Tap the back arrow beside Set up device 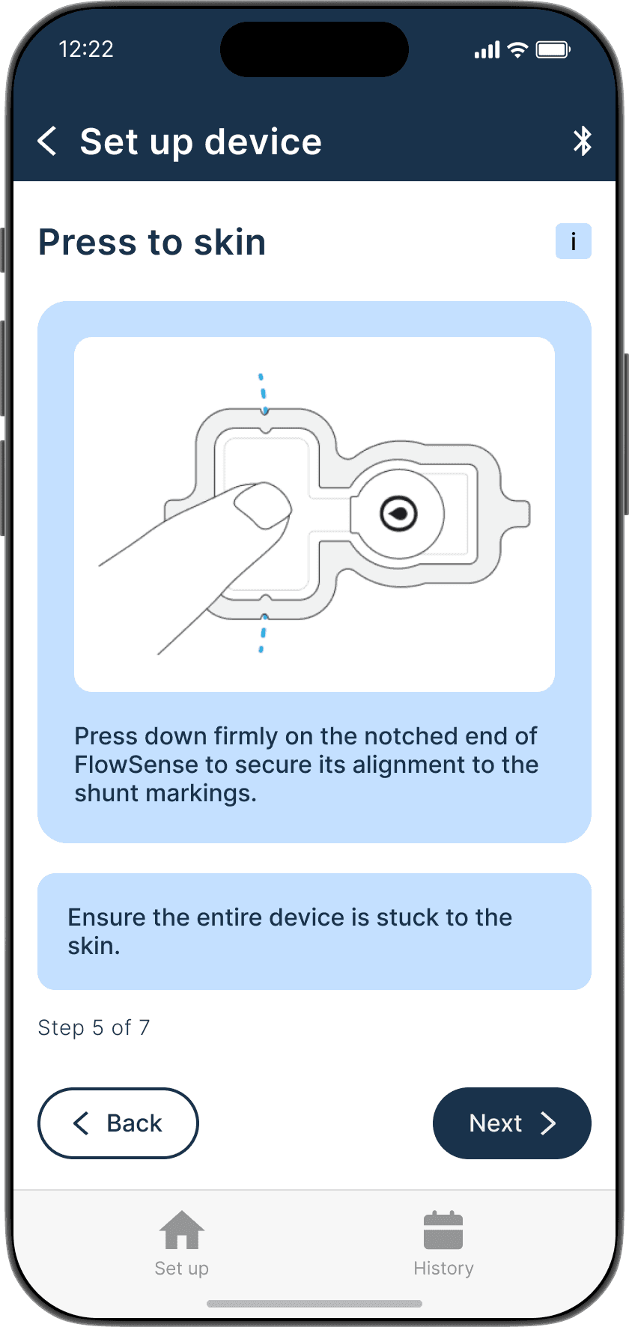pyautogui.click(x=47, y=141)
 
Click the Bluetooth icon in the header pyautogui.click(x=582, y=141)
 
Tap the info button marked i pyautogui.click(x=573, y=241)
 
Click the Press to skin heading pyautogui.click(x=152, y=242)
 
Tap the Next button pyautogui.click(x=512, y=1123)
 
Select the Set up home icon pyautogui.click(x=182, y=1230)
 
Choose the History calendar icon pyautogui.click(x=443, y=1230)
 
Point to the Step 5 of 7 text pyautogui.click(x=94, y=1027)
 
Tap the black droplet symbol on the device pyautogui.click(x=398, y=514)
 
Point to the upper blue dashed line pyautogui.click(x=263, y=393)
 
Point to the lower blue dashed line pyautogui.click(x=263, y=633)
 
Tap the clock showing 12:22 pyautogui.click(x=86, y=49)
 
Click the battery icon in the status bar pyautogui.click(x=553, y=50)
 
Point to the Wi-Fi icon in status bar pyautogui.click(x=517, y=50)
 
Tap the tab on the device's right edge pyautogui.click(x=517, y=513)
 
